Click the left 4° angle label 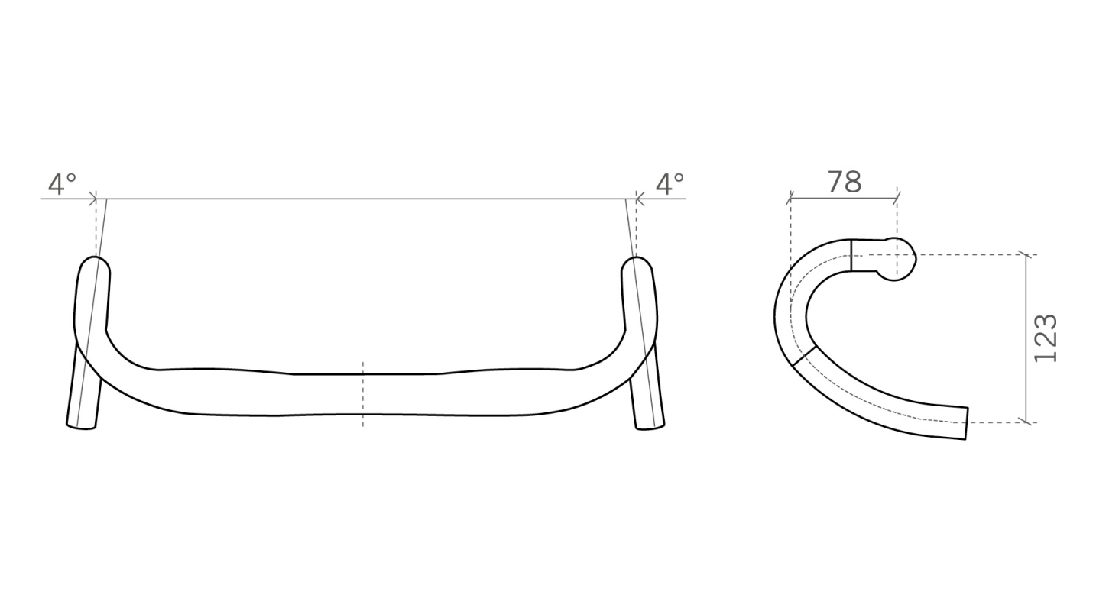63,184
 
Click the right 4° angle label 670,184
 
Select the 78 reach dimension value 844,183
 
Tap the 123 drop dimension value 1045,338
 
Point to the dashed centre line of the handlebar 362,393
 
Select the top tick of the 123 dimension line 1029,254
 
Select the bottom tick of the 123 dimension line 1029,422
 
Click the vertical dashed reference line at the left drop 96,229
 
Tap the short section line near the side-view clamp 851,255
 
